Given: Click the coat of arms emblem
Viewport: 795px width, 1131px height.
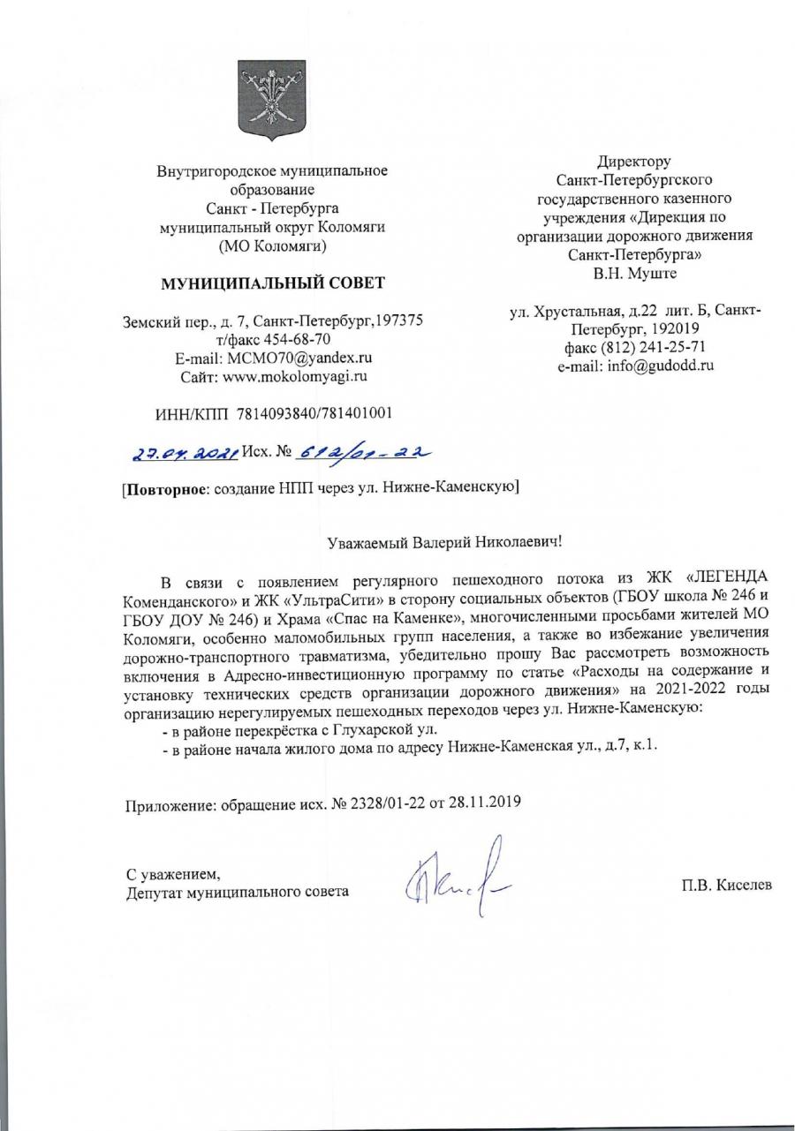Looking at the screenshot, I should [271, 98].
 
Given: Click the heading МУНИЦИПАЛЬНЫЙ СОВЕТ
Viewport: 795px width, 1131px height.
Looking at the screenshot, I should [272, 283].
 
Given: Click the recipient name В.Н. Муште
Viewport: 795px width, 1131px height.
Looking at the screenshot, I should [635, 274].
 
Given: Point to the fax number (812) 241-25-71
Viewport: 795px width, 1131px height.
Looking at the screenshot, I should [655, 347].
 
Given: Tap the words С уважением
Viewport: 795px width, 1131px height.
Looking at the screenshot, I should [173, 874].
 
